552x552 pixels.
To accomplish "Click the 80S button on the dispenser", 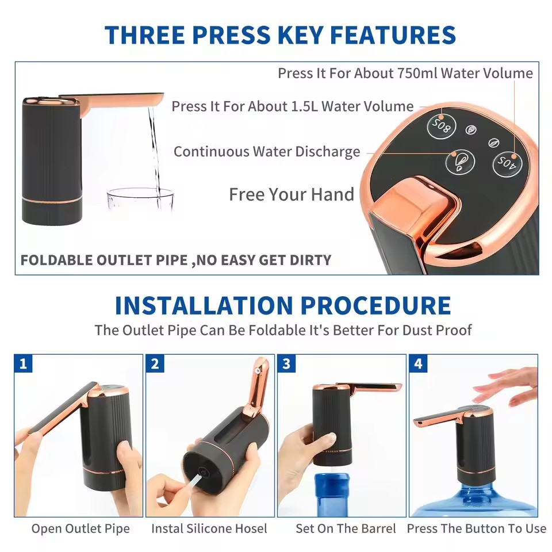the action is click(442, 126).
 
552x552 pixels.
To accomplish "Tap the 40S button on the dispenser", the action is click(507, 163).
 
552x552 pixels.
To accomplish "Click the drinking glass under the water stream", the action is click(140, 200).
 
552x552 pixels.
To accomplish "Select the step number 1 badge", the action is click(23, 363).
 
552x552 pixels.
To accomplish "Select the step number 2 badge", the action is click(155, 363).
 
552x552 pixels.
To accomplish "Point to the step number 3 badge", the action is click(286, 363).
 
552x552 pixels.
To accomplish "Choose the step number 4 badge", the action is click(418, 363).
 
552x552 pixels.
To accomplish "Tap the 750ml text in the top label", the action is click(417, 73).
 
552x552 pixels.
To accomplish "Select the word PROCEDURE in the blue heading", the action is click(375, 305).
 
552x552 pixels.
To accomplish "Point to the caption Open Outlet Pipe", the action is click(80, 528).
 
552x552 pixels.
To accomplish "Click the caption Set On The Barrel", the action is click(346, 528).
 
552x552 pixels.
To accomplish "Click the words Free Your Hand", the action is click(292, 194).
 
